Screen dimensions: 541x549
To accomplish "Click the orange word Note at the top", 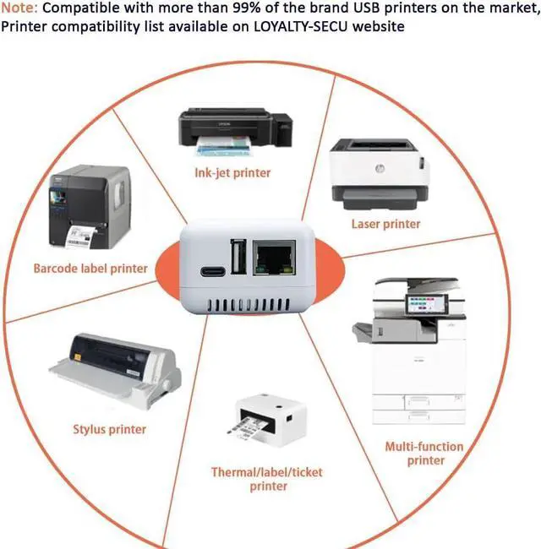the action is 18,8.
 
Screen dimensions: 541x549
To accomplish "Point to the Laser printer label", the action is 385,224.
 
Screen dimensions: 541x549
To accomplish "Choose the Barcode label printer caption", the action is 90,269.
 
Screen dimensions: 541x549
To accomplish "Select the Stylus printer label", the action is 109,429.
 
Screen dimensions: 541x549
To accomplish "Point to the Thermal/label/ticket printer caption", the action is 267,479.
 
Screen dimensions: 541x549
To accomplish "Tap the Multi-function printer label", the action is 424,453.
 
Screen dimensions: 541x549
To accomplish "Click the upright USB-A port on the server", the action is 238,257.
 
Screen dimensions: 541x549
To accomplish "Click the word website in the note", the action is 380,26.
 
